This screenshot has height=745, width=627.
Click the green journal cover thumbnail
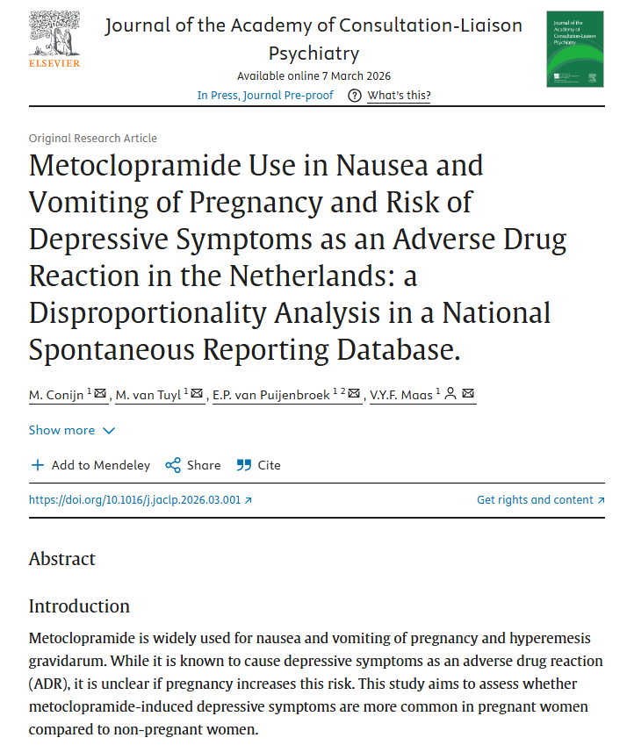pyautogui.click(x=575, y=48)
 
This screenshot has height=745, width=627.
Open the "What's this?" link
pyautogui.click(x=399, y=96)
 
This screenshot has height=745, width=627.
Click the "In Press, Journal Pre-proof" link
pyautogui.click(x=265, y=96)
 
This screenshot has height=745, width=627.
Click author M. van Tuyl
pyautogui.click(x=149, y=395)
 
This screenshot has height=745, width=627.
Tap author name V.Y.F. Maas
pyautogui.click(x=400, y=395)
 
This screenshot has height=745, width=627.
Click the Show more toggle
pyautogui.click(x=71, y=430)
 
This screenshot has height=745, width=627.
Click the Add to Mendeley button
pyautogui.click(x=90, y=465)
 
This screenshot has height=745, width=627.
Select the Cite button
pyautogui.click(x=259, y=465)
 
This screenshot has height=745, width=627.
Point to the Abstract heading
pyautogui.click(x=62, y=559)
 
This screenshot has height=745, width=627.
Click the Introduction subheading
pyautogui.click(x=79, y=606)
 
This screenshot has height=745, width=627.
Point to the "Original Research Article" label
pyautogui.click(x=93, y=138)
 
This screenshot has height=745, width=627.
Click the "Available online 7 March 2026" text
pyautogui.click(x=313, y=76)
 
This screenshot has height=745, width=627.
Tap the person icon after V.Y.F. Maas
pyautogui.click(x=450, y=395)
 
